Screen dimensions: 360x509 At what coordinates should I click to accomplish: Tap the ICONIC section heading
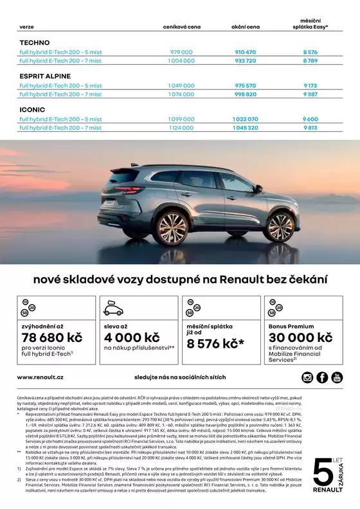[32, 109]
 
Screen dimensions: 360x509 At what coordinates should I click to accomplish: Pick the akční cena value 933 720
[245, 60]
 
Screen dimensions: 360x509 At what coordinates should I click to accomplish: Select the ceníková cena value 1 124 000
[181, 128]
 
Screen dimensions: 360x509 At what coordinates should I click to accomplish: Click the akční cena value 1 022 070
[245, 119]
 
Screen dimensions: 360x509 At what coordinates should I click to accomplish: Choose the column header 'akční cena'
[245, 27]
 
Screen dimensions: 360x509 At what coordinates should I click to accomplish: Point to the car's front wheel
[279, 226]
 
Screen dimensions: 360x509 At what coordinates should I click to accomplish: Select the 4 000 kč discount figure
[132, 338]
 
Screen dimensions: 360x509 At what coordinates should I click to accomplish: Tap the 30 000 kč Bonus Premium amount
[300, 338]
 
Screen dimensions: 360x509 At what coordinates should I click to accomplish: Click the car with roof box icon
[113, 308]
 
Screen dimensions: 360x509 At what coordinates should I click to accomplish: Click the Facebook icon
[322, 377]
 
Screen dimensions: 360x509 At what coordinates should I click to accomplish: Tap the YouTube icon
[337, 377]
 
